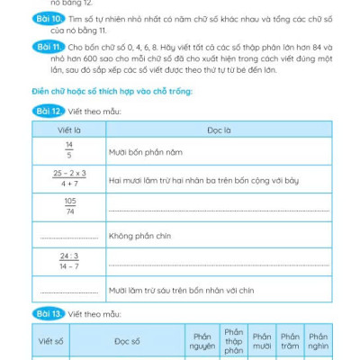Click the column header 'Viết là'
(68, 130)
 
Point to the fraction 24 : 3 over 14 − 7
(68, 263)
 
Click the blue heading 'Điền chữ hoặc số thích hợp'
(114, 93)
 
